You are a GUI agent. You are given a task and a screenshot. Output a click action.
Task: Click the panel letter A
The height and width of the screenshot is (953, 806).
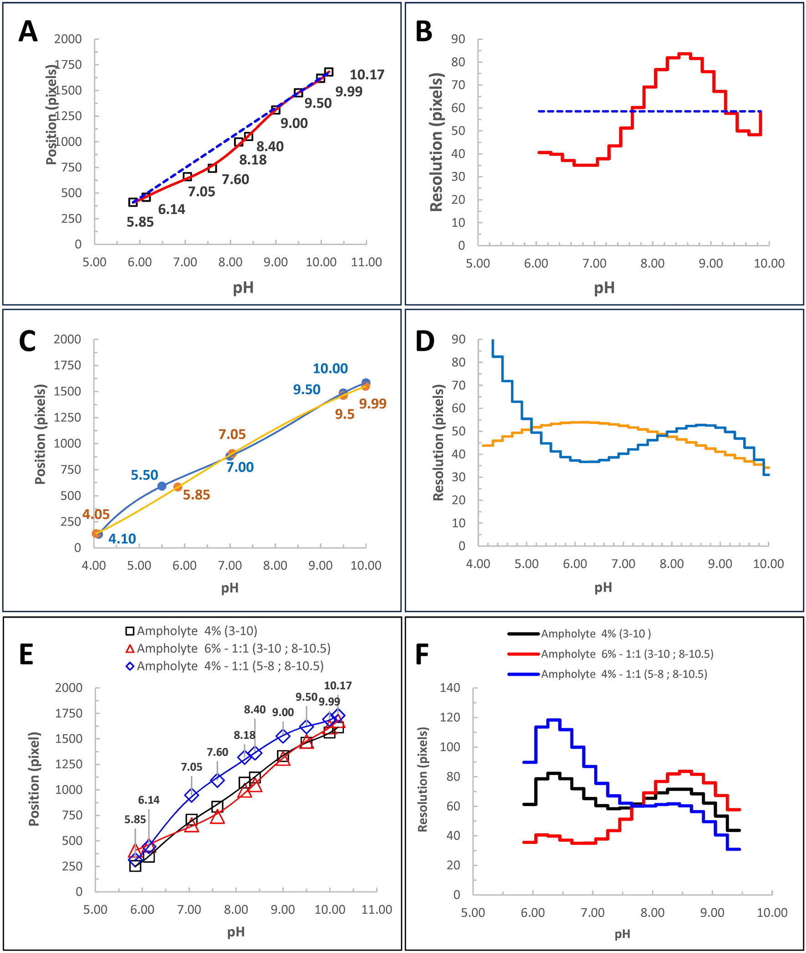pos(28,32)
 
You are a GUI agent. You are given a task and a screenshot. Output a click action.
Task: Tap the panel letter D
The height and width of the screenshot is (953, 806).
pos(425,341)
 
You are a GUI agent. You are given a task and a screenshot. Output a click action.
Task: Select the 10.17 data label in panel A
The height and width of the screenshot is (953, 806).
pos(367,75)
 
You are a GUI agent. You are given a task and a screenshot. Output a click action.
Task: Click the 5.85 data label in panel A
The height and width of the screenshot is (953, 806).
pos(140,223)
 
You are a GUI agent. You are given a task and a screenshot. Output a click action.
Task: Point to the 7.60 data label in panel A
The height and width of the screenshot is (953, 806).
pos(235,179)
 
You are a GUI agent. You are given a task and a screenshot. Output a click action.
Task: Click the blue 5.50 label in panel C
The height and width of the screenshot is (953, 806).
pos(144,475)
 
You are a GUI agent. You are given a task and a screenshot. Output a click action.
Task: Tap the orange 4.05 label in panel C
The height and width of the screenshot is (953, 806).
pos(96,515)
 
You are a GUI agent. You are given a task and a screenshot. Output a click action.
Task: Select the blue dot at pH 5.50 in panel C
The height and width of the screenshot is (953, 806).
pos(162,486)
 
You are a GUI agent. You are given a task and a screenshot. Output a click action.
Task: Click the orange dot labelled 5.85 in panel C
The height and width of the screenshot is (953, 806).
pos(178,487)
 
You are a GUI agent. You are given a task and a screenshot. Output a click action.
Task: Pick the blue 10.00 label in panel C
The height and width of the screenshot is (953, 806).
pos(330,369)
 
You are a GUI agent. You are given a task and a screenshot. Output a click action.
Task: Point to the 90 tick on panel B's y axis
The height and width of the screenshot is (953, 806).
pos(458,39)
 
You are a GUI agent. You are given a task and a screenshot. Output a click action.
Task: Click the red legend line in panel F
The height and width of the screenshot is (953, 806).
pos(523,654)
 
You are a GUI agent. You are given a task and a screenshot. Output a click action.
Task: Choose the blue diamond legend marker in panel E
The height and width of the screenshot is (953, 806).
pos(130,666)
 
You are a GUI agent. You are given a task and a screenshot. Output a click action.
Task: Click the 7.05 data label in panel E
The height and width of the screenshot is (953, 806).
pos(191,767)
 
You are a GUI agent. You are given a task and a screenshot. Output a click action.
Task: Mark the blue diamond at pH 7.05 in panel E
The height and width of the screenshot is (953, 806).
pos(191,795)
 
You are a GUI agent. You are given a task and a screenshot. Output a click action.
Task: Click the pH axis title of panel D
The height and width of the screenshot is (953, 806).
pos(603,588)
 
